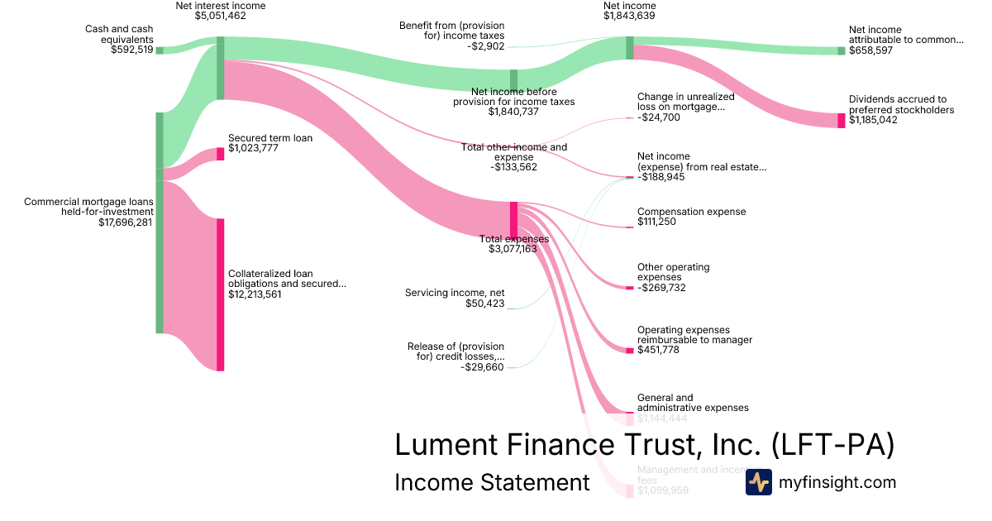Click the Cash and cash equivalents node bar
click(x=160, y=50)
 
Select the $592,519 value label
click(x=131, y=50)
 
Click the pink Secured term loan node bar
click(x=220, y=154)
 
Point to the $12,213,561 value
click(x=255, y=294)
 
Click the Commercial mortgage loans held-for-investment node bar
click(x=160, y=222)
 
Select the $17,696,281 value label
click(x=125, y=222)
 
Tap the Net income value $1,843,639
click(x=629, y=16)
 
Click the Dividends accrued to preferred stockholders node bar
click(x=842, y=121)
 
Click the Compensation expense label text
click(x=691, y=212)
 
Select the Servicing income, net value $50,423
click(x=484, y=304)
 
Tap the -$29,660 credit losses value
click(x=483, y=366)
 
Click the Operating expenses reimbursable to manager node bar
click(x=629, y=351)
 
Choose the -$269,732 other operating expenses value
click(x=661, y=288)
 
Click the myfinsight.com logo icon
click(x=758, y=482)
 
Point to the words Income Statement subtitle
click(x=492, y=482)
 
